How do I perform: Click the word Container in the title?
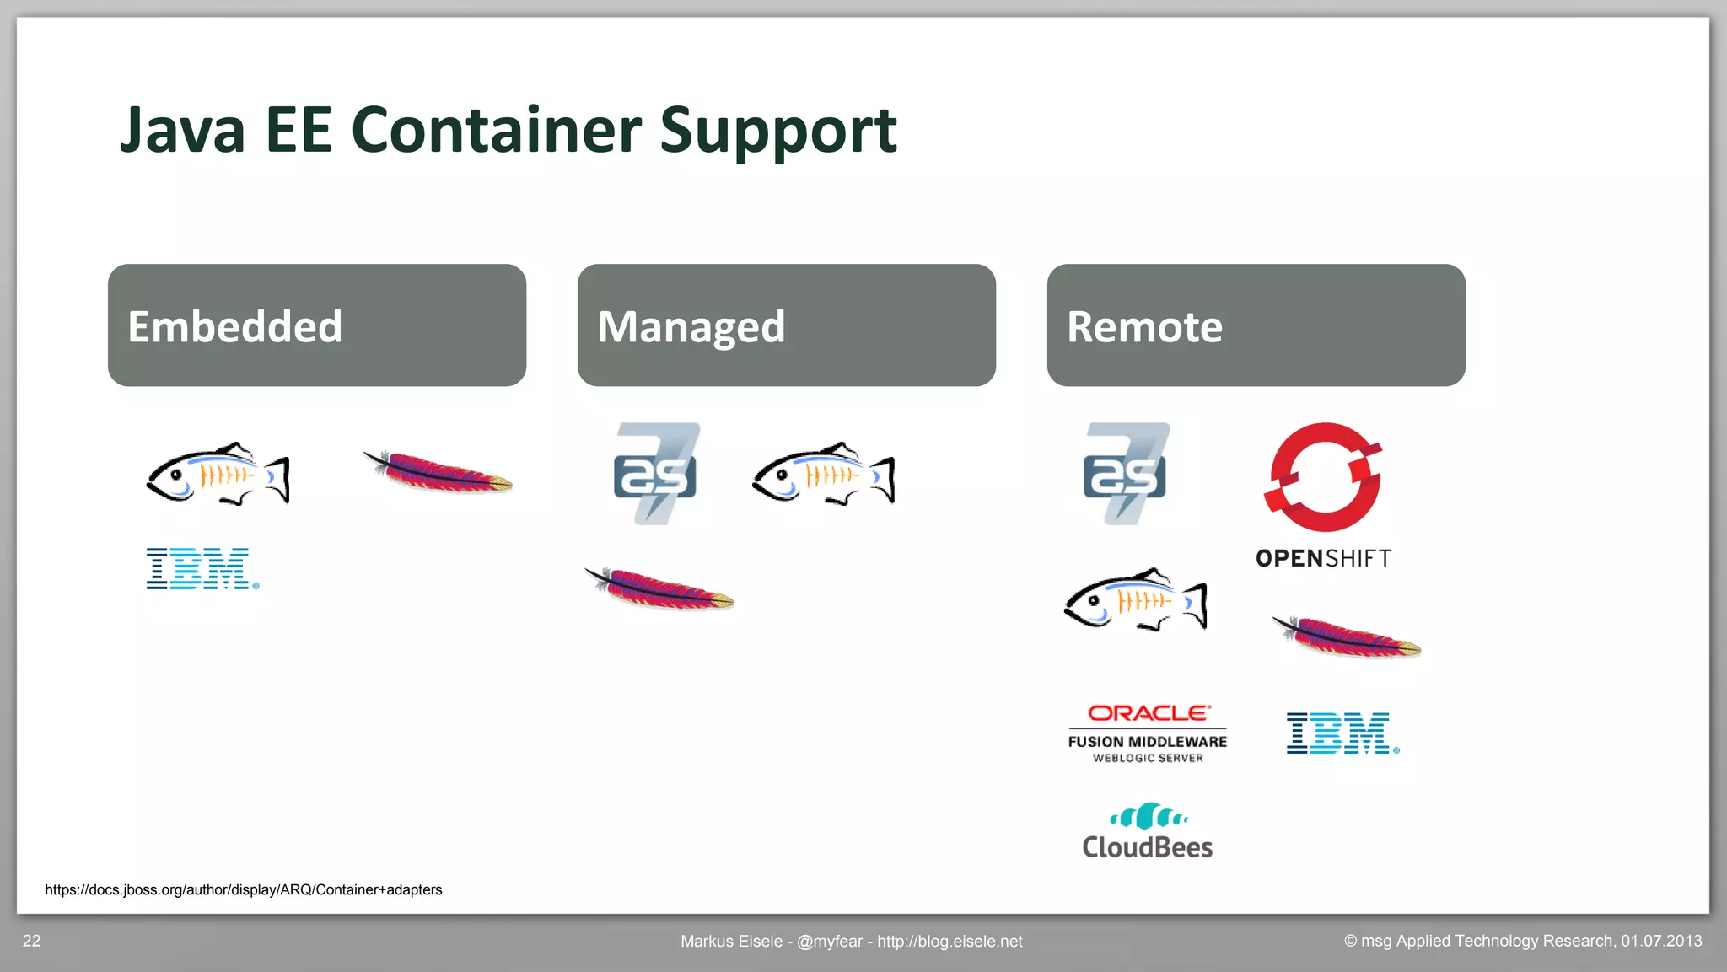pos(496,131)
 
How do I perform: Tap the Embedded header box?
pos(317,325)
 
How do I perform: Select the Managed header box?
pos(786,325)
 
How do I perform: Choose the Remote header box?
pos(1256,325)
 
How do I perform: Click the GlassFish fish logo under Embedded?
pos(218,475)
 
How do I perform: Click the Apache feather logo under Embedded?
pos(438,472)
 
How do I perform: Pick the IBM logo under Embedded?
pos(201,569)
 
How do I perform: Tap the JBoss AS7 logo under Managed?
pos(656,474)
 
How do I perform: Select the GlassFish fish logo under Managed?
pos(823,475)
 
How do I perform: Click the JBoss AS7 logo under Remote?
pos(1126,474)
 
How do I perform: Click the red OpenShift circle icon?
pos(1322,477)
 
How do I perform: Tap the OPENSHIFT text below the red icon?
pos(1323,559)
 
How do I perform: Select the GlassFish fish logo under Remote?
pos(1135,600)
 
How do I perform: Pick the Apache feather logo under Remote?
pos(1347,636)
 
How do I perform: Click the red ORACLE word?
pos(1149,713)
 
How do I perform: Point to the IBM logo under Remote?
pos(1341,733)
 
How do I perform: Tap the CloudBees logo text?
pos(1147,847)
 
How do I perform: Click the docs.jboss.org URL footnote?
pos(243,889)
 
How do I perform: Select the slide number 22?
pos(31,941)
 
